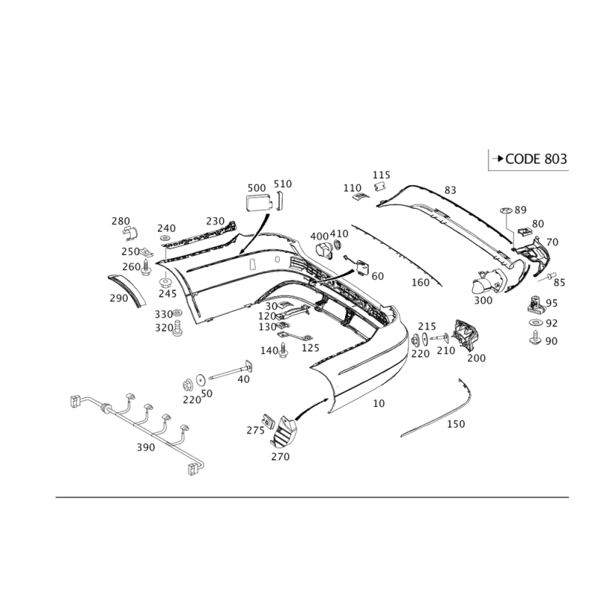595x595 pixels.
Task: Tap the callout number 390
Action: point(145,448)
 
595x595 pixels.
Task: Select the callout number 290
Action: point(118,297)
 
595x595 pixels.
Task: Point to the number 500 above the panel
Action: point(256,186)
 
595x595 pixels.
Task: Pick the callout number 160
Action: point(421,283)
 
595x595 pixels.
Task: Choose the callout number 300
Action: point(483,301)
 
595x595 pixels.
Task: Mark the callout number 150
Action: point(456,424)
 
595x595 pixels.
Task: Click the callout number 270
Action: point(280,455)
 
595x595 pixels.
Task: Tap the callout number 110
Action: point(351,188)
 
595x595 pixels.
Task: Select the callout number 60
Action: point(377,276)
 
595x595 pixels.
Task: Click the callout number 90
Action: point(551,341)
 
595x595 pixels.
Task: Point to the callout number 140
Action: point(268,350)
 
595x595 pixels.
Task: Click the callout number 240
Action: point(166,228)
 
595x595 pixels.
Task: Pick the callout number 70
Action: point(552,242)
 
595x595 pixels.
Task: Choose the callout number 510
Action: point(283,183)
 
